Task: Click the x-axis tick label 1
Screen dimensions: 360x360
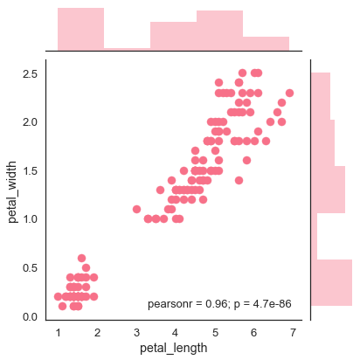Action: (59, 333)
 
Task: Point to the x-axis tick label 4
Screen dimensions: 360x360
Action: (176, 333)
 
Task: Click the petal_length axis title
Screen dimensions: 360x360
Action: (175, 348)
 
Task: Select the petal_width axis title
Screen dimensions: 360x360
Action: (13, 185)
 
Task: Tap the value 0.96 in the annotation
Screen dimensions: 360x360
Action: (217, 304)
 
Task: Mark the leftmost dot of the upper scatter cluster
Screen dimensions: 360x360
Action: (136, 209)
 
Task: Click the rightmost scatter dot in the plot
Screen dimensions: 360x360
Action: (289, 93)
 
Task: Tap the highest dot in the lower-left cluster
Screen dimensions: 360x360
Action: (82, 258)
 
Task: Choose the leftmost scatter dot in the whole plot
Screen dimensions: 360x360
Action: (59, 297)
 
